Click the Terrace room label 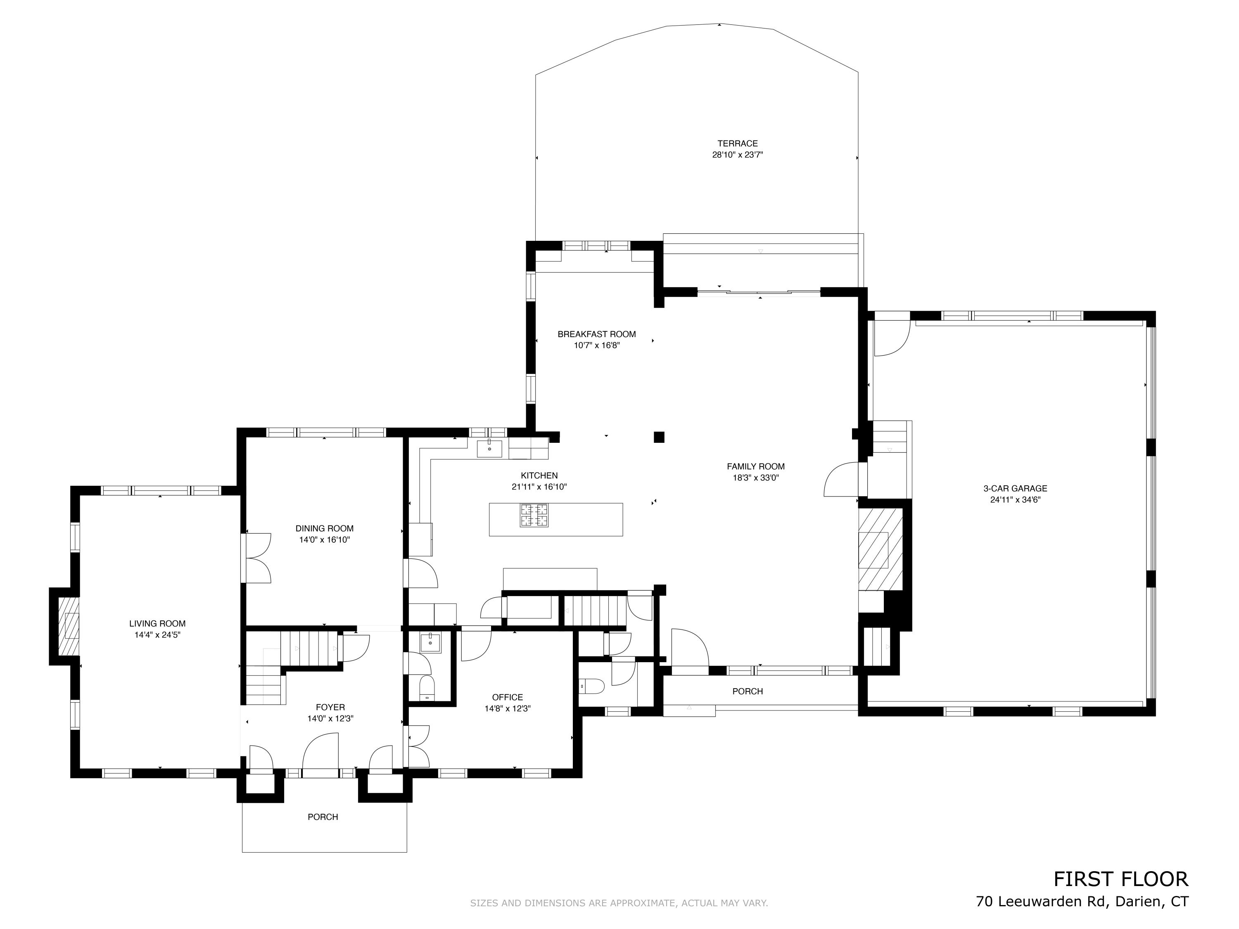coord(737,143)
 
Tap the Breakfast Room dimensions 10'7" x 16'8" coord(596,346)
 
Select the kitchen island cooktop coord(534,516)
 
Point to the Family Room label coord(756,466)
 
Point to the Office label coord(508,697)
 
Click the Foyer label coord(330,707)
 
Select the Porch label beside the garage coord(747,691)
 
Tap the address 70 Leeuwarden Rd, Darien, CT coord(1082,902)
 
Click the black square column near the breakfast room coord(659,437)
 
